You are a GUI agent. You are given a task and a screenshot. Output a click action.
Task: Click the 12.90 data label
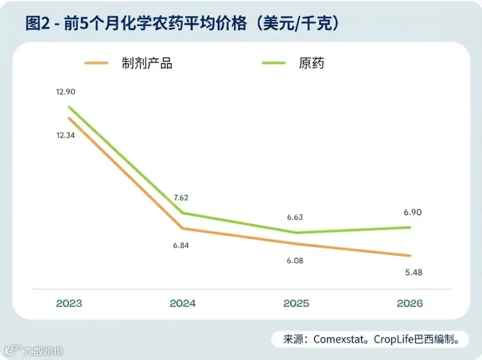tap(65, 92)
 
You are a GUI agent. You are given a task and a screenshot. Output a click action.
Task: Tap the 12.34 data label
tap(65, 136)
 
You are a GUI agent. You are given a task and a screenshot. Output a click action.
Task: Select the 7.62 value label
tap(181, 198)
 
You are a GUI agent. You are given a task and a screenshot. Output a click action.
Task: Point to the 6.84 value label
tap(181, 245)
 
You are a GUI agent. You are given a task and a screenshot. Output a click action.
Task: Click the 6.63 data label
tap(295, 217)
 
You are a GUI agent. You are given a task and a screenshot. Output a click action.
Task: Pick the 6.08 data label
tap(295, 261)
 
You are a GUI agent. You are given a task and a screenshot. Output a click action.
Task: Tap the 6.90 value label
tap(413, 212)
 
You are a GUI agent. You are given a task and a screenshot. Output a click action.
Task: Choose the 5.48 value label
tap(414, 272)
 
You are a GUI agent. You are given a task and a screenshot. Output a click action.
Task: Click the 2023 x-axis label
tap(69, 303)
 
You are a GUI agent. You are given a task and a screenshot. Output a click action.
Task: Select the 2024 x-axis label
tap(183, 303)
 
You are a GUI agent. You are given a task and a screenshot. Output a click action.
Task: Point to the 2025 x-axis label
tap(296, 303)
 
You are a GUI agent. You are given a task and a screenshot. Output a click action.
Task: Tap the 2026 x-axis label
tap(410, 303)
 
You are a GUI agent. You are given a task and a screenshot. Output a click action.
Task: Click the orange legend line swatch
tap(96, 63)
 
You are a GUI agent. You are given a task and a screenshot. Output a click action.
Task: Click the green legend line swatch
tap(274, 63)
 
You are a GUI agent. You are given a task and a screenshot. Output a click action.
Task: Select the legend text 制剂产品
tap(147, 63)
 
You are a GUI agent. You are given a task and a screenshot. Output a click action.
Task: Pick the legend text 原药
tap(311, 63)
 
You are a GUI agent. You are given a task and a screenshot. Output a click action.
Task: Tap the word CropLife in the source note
tap(394, 340)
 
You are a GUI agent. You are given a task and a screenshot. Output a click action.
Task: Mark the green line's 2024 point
tap(183, 213)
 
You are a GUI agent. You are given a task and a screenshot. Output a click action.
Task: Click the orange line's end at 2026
tap(410, 256)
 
